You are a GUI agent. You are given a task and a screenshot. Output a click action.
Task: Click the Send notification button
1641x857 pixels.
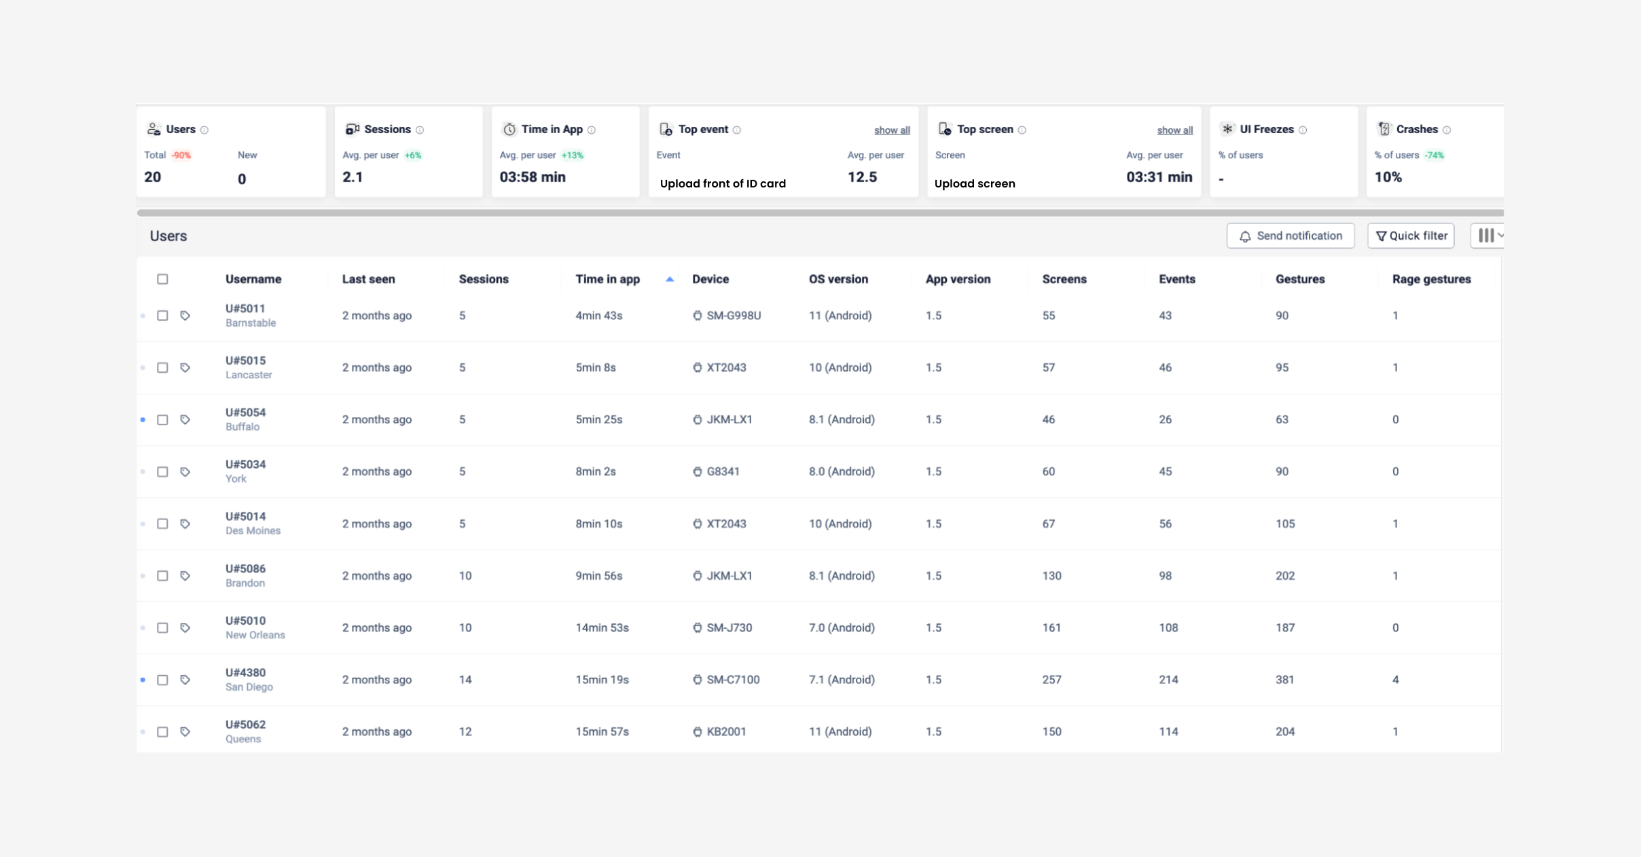[1290, 236]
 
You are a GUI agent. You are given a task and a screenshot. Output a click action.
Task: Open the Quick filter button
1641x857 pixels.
[1411, 236]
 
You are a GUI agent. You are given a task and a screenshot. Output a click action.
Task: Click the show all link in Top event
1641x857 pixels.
[892, 130]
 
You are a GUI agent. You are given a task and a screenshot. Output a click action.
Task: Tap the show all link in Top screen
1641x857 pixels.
[1174, 130]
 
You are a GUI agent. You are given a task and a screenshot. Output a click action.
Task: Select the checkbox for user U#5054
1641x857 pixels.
[162, 420]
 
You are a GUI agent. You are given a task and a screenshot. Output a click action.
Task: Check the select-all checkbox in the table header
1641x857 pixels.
[162, 279]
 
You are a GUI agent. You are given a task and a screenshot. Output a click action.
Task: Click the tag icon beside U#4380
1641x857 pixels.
[185, 680]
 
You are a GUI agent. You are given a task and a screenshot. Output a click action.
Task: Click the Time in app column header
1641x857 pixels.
[607, 279]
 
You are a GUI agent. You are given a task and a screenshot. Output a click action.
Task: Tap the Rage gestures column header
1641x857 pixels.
[1431, 279]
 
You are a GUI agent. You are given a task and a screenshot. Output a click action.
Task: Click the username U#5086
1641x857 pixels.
[245, 568]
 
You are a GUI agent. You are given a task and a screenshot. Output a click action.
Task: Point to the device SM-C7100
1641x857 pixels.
[732, 680]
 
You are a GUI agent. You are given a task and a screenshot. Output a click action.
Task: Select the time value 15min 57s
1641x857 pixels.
[602, 731]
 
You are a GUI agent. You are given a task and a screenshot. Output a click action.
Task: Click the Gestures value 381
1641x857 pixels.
[1284, 680]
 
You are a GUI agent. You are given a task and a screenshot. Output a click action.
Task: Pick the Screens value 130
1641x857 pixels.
[1051, 576]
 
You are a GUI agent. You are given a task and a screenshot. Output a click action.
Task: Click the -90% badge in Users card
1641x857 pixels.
[181, 156]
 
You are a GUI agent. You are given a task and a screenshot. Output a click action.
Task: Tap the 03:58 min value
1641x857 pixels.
[533, 177]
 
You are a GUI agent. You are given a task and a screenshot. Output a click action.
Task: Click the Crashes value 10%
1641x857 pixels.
[1388, 177]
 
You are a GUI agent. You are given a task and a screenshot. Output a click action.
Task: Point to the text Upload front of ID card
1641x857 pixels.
[723, 183]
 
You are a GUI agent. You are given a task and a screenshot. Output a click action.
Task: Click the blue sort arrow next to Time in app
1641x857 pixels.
[670, 279]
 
